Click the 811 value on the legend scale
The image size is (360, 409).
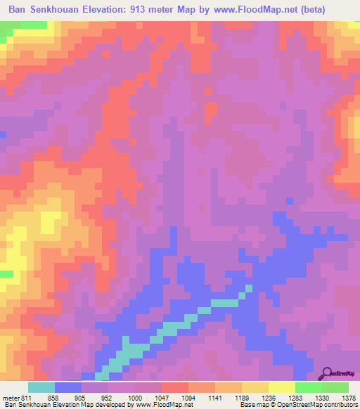click(27, 397)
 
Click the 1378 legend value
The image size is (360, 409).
click(348, 397)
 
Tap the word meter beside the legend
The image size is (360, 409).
click(10, 397)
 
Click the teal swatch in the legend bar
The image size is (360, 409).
click(41, 387)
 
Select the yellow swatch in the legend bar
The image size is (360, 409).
click(281, 387)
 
